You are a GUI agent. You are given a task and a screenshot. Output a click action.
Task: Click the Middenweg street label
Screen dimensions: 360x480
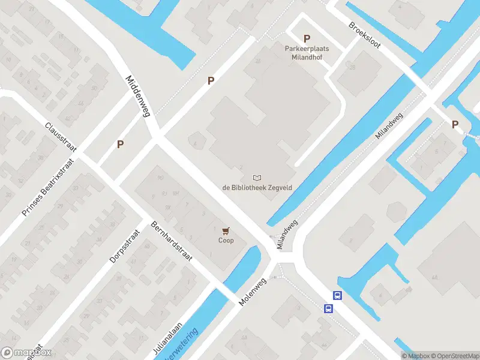point(137,96)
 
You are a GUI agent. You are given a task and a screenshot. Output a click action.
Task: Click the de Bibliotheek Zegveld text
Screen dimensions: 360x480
point(257,188)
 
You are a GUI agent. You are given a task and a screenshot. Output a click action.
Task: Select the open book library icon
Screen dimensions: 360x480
point(257,178)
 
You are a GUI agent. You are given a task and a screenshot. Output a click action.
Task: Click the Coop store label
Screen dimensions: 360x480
point(226,241)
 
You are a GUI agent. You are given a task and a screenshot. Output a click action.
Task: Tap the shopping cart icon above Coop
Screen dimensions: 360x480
point(226,230)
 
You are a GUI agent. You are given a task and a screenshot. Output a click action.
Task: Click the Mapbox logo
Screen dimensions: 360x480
point(26,353)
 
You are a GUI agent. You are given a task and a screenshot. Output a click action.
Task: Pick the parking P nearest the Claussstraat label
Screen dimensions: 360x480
point(121,144)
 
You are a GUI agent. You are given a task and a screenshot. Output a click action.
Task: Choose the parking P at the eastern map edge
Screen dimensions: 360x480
point(455,125)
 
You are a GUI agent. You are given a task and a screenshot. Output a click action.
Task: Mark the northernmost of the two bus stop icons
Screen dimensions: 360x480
point(337,295)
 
